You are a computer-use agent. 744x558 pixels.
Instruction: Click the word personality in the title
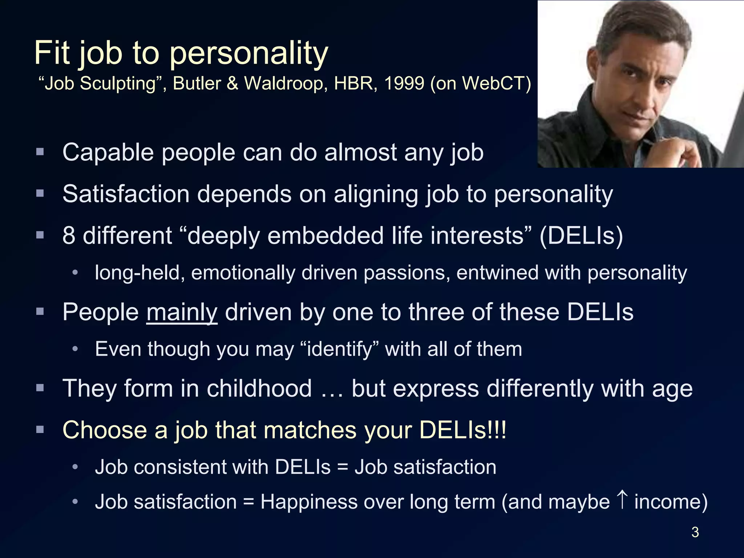click(249, 54)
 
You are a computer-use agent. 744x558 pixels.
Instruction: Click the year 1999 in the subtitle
click(404, 83)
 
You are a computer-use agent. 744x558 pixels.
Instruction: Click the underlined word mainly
click(182, 312)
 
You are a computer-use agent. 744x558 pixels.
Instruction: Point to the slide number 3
click(695, 532)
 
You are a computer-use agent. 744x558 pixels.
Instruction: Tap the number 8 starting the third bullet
click(69, 236)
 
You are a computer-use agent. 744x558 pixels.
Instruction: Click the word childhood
click(259, 388)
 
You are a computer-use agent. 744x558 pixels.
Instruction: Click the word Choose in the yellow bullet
click(105, 430)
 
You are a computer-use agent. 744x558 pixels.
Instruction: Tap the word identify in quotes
click(340, 349)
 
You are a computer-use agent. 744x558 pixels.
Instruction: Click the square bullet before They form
click(40, 388)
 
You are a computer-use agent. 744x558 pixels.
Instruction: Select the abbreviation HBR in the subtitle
click(355, 83)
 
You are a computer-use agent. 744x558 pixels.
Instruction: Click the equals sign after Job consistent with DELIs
click(342, 468)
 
